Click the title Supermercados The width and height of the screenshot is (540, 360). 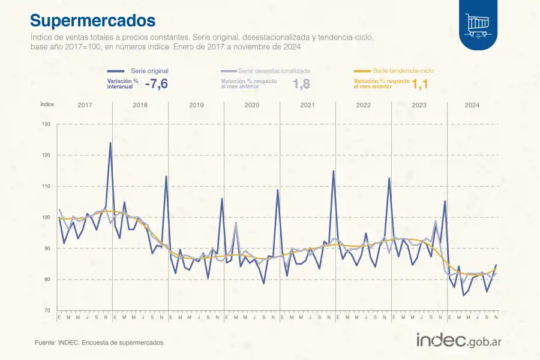click(x=93, y=21)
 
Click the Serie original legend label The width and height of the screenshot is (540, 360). click(x=149, y=71)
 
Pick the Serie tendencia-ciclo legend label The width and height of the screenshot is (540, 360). click(x=403, y=71)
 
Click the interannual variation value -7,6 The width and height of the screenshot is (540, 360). click(x=156, y=84)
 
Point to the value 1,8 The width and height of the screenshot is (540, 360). click(x=301, y=84)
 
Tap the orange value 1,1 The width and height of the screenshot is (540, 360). click(x=420, y=85)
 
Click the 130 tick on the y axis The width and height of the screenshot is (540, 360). click(x=47, y=124)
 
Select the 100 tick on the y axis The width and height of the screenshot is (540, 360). click(x=47, y=217)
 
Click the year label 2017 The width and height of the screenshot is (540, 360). click(x=85, y=105)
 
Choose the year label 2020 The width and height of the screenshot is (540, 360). click(x=252, y=105)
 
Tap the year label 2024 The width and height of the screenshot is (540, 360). click(x=472, y=105)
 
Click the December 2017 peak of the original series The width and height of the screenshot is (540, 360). click(x=110, y=143)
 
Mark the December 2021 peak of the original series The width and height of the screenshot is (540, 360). click(x=334, y=171)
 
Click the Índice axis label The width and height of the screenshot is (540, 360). click(x=47, y=104)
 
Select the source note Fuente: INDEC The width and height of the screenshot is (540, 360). click(x=100, y=343)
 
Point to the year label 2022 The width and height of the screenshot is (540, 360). click(x=363, y=105)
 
